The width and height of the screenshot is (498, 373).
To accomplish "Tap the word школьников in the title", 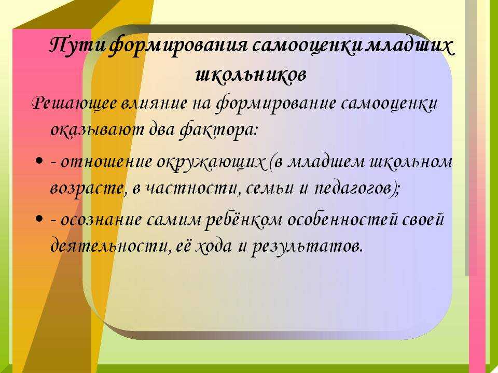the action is pos(251,75).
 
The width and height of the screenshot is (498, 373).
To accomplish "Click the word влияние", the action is pos(154,103).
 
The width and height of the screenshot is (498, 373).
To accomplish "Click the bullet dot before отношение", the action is pos(39,161).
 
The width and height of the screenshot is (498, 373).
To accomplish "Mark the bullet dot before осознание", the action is pos(39,219).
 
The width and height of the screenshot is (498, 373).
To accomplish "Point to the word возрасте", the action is pos(87,189).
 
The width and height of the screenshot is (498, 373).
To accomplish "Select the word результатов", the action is pos(307,247).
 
